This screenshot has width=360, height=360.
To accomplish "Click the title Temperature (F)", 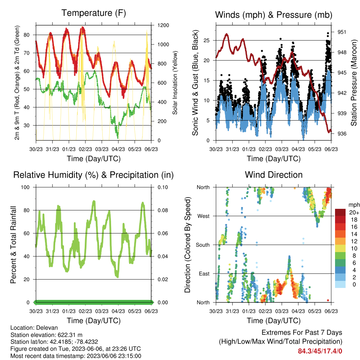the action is [x=94, y=13].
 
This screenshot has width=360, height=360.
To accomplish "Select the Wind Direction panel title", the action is [x=274, y=175].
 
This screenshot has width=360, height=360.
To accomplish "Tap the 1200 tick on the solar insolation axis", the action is [x=163, y=25].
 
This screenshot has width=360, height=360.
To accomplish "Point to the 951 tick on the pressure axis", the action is [x=342, y=32].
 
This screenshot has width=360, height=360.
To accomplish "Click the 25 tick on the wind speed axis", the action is [x=206, y=40].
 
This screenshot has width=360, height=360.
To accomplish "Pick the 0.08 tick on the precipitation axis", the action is [x=163, y=210].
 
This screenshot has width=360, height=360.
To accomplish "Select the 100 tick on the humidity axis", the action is [x=25, y=187].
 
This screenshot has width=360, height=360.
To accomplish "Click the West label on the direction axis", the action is [x=204, y=216].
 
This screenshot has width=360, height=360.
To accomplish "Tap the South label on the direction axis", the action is [x=203, y=245].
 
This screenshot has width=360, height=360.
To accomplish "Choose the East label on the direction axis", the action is [x=204, y=274].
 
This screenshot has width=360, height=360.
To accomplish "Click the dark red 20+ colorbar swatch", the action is [x=340, y=212].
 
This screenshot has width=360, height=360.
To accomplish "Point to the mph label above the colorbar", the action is [x=354, y=205].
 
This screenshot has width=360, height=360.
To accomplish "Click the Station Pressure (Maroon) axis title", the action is [x=354, y=83].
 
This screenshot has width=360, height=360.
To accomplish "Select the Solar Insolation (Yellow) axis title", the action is [x=175, y=83].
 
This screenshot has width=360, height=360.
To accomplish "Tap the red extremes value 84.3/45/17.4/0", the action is [x=320, y=351].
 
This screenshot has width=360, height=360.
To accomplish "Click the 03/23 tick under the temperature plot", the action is [x=102, y=149].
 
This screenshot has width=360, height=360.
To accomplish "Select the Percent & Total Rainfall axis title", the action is [x=13, y=245].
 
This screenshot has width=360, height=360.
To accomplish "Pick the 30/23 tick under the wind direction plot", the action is [x=216, y=311].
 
